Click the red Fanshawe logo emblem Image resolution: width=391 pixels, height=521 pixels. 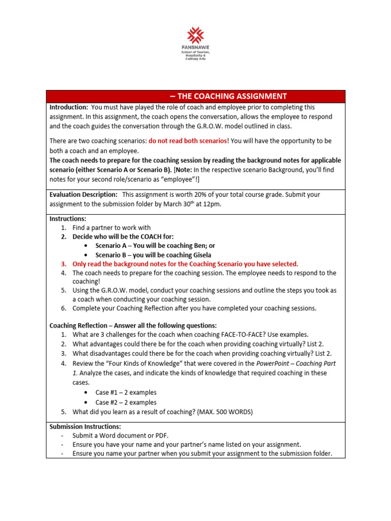tap(195, 35)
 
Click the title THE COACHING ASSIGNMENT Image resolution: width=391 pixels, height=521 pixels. tap(228, 96)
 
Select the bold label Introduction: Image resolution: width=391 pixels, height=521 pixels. tap(69, 107)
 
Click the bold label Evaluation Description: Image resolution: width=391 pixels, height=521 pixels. tap(83, 194)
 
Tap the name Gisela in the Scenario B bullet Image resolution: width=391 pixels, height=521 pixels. tap(199, 255)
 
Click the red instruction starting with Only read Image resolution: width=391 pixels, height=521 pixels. tap(185, 264)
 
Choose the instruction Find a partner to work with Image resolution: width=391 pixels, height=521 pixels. tap(111, 228)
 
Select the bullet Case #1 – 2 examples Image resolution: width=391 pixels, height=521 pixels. tap(126, 392)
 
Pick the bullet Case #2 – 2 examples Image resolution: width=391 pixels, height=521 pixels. tap(126, 402)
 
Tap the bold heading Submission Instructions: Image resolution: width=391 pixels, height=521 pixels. tap(85, 426)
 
